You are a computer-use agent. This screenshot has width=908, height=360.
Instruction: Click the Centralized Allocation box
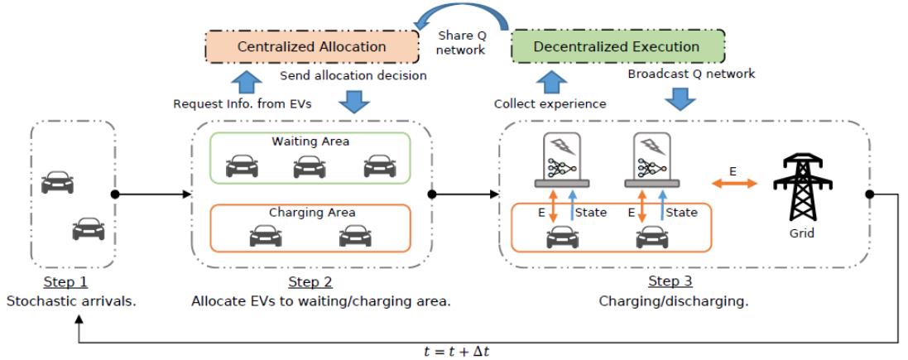[x=311, y=46]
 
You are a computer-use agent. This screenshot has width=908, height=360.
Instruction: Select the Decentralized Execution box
[x=616, y=46]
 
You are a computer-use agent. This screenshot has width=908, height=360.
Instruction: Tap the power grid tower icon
[x=801, y=188]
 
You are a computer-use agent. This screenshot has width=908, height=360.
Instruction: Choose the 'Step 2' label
[x=311, y=281]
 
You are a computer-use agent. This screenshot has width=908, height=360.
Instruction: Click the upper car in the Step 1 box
[x=57, y=181]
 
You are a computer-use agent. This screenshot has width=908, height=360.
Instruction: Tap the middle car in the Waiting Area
[x=309, y=167]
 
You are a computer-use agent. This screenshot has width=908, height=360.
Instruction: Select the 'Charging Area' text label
[x=312, y=213]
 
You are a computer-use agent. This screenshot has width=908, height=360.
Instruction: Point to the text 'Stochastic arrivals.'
[x=71, y=300]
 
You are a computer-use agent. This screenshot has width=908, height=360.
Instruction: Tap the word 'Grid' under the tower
[x=801, y=233]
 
